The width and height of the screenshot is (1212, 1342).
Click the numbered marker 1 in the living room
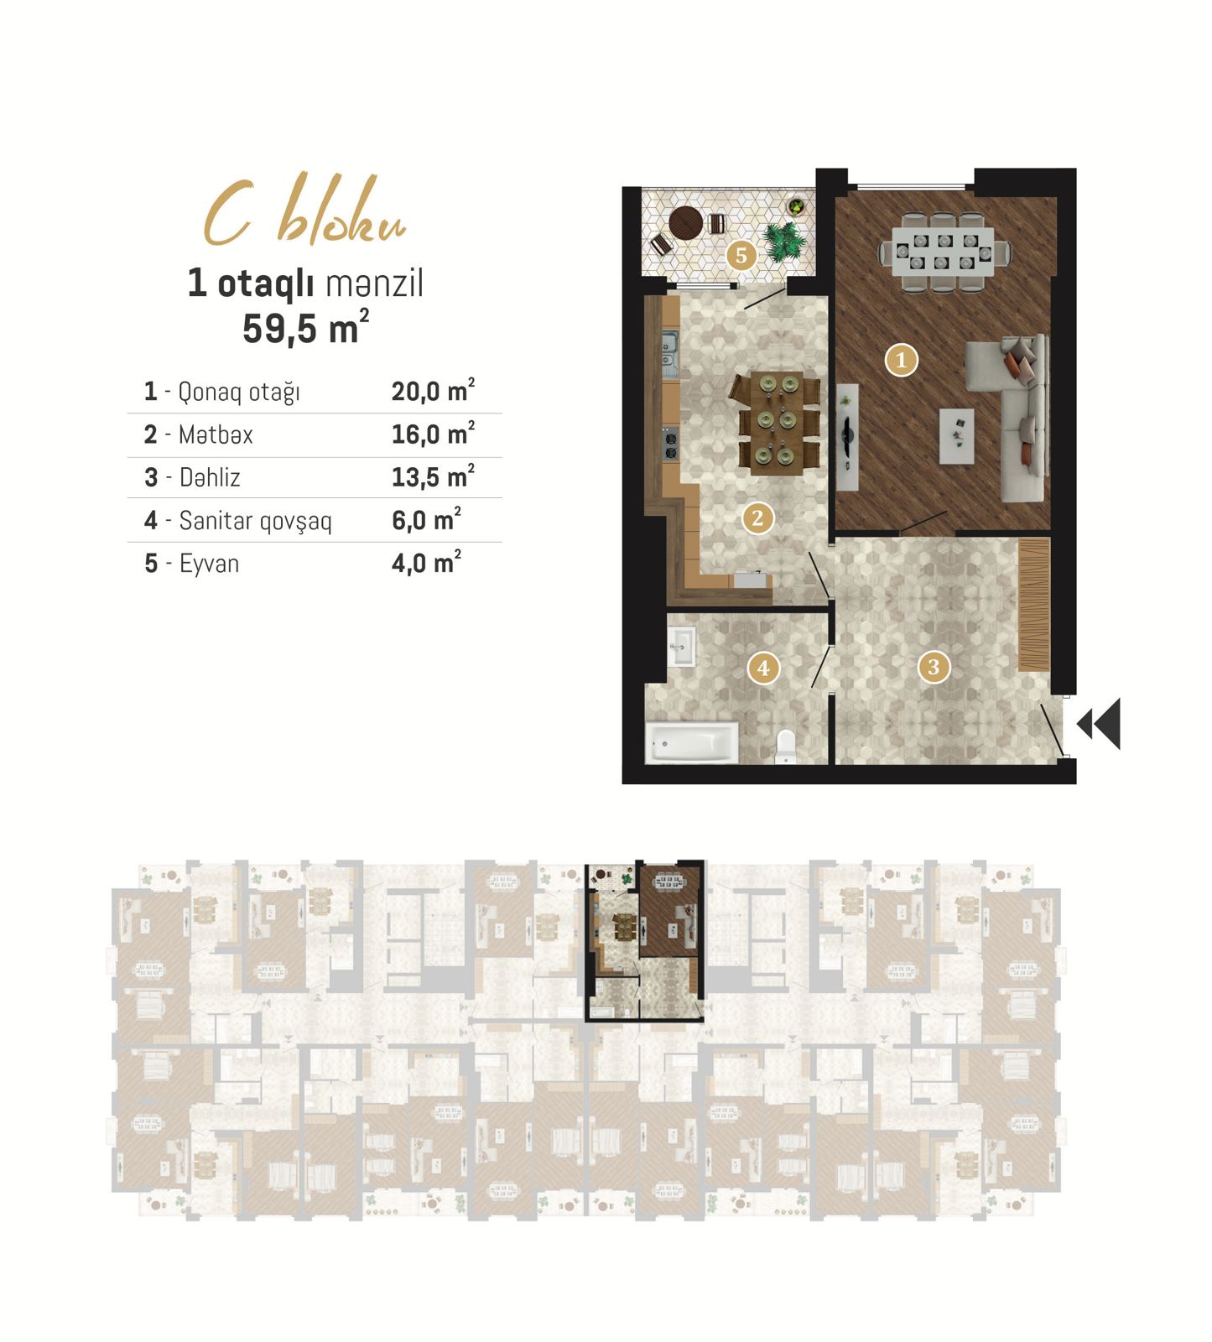[x=902, y=361]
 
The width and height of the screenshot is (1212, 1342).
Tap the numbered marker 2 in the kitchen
[x=757, y=518]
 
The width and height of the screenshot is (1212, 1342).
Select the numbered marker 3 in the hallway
[x=934, y=668]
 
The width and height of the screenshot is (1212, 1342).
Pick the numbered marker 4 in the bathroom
[x=763, y=668]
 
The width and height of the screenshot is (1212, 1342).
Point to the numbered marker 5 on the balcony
[x=741, y=255]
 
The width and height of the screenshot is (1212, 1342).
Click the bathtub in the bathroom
[x=692, y=742]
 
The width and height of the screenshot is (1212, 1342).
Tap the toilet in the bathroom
[x=786, y=746]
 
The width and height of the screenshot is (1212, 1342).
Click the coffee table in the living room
[x=956, y=436]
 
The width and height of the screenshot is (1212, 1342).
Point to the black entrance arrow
[x=1099, y=723]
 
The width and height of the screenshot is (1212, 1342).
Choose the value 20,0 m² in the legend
[x=433, y=391]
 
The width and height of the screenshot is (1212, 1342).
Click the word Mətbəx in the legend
[x=216, y=434]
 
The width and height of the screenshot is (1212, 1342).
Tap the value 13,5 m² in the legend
[x=433, y=477]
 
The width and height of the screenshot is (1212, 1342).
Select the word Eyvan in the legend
[x=209, y=564]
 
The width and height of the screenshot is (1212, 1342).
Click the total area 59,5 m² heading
[x=305, y=327]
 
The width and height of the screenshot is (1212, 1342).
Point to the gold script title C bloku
[x=304, y=212]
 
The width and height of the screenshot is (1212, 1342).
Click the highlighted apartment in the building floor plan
[x=644, y=940]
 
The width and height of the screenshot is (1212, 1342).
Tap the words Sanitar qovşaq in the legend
[x=256, y=521]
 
